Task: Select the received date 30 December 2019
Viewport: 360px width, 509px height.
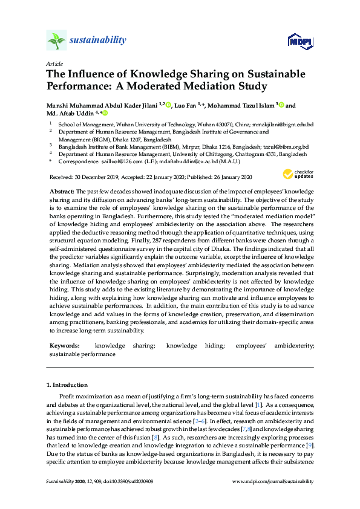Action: [94, 177]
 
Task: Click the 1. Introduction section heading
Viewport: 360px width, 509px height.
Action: [67, 384]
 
